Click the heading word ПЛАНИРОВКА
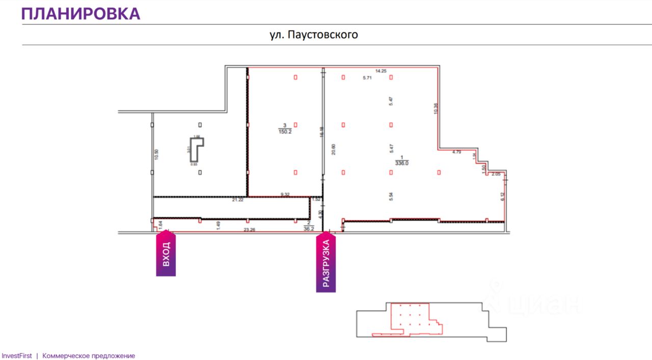[80, 14]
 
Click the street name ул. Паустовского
[314, 35]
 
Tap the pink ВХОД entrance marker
[166, 254]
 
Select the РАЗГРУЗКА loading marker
[326, 262]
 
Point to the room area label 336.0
[402, 163]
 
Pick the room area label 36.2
[308, 229]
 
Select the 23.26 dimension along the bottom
[249, 230]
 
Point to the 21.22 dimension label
[237, 200]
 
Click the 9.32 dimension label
[285, 194]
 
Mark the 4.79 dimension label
[456, 152]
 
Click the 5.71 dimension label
[367, 78]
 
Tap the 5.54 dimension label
[391, 197]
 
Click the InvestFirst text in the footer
[16, 356]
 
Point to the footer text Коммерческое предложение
[89, 356]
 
